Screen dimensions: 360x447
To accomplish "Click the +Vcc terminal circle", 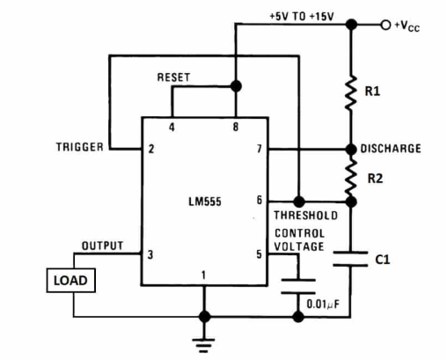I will click(384, 24).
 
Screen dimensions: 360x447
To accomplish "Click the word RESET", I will click(173, 77).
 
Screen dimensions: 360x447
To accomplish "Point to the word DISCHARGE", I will click(390, 149).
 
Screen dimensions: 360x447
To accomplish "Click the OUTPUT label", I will click(102, 246).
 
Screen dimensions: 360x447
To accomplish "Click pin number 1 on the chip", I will click(204, 275).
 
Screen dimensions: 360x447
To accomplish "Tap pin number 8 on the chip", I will click(235, 129).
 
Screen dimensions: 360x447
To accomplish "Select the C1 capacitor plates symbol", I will click(351, 261).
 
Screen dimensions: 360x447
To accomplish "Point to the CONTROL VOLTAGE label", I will click(299, 240).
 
